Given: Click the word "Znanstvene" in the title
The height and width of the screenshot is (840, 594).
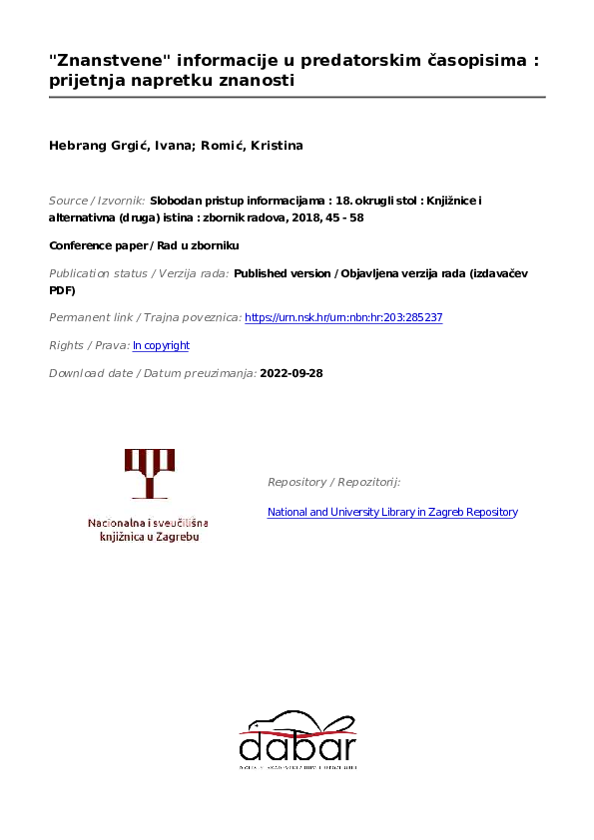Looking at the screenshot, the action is [x=105, y=60].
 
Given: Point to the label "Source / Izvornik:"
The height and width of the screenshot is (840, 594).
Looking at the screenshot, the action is [x=96, y=200].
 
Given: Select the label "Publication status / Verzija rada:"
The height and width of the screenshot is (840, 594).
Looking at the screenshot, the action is [x=139, y=272].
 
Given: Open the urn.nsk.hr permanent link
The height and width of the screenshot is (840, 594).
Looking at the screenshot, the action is [x=343, y=317].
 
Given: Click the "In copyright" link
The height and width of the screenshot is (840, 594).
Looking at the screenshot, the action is [x=161, y=345].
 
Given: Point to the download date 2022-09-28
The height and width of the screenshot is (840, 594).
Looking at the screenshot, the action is [x=292, y=373].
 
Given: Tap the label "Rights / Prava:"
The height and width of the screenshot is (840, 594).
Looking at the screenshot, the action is [x=89, y=345].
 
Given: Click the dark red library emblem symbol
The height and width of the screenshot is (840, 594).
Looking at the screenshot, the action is [x=149, y=474].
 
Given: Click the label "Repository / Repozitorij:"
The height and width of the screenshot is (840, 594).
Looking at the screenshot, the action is [x=333, y=482].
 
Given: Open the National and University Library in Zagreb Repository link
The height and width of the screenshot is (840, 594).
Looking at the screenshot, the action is [x=392, y=512].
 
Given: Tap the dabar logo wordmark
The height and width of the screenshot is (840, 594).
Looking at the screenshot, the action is [x=297, y=746].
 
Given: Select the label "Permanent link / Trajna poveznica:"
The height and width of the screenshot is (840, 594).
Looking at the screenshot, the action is [x=145, y=317].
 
